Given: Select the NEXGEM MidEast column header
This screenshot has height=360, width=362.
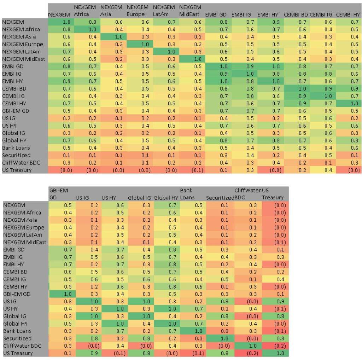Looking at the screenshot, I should [190, 11].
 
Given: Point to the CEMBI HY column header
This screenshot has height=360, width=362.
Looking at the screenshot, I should [348, 14].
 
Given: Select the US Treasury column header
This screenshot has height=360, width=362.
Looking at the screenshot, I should [276, 194].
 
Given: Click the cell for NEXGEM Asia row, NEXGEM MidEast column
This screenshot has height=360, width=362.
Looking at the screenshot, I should [190, 37].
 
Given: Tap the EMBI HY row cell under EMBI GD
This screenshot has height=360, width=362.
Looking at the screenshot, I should [216, 81].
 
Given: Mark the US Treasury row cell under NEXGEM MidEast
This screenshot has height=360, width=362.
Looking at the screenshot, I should [190, 170].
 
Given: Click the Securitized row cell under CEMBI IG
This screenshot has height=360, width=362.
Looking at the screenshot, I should [322, 155].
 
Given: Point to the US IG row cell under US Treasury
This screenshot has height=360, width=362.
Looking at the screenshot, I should [276, 301].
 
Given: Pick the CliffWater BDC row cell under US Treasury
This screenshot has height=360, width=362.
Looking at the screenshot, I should [276, 346].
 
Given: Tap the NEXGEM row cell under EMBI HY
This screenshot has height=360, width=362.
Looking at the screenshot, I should [269, 22].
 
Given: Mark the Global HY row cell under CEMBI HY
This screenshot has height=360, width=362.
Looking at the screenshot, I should [348, 140].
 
